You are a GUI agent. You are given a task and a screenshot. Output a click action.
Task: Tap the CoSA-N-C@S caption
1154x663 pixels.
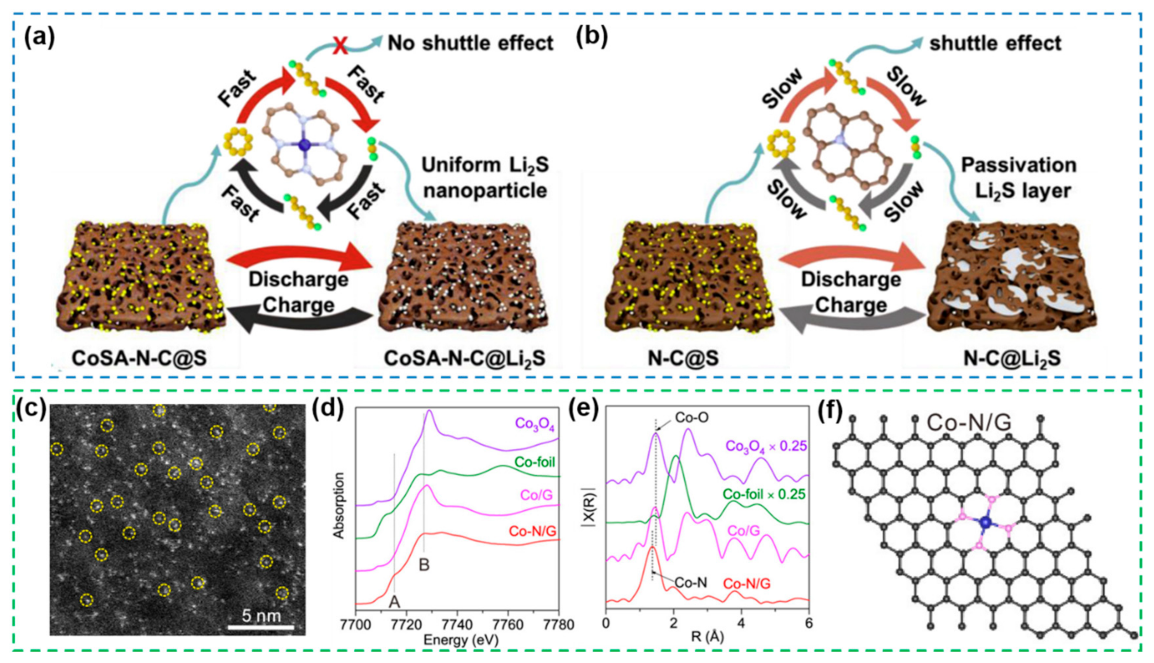(139, 358)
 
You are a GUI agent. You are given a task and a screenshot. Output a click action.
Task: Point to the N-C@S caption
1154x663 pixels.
(683, 358)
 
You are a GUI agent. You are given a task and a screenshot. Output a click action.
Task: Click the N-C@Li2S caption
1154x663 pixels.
(1012, 358)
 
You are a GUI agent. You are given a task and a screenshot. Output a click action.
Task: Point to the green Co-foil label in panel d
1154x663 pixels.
(535, 462)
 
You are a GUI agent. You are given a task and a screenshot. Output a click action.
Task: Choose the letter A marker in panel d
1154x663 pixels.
(394, 602)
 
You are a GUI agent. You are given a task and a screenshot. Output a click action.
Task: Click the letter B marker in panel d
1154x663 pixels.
(424, 565)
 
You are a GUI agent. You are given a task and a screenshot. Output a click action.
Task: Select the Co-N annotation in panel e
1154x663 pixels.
(691, 582)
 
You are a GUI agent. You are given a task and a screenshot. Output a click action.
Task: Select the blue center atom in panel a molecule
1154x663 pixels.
(304, 145)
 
